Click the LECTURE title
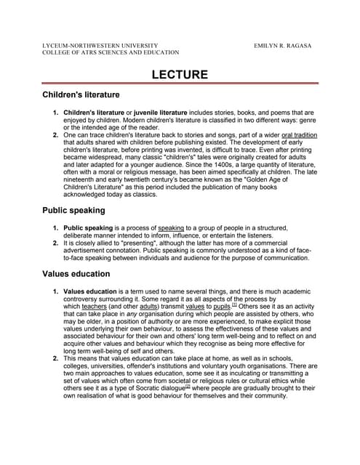click(180, 74)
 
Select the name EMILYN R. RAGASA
click(283, 46)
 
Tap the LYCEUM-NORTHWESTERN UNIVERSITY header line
click(100, 46)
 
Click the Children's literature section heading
click(81, 95)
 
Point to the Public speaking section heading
click(73, 210)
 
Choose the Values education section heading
click(76, 274)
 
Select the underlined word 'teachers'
click(95, 306)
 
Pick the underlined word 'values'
click(193, 306)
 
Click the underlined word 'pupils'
click(220, 306)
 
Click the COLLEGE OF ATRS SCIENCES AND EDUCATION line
click(111, 53)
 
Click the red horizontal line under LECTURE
click(180, 84)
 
